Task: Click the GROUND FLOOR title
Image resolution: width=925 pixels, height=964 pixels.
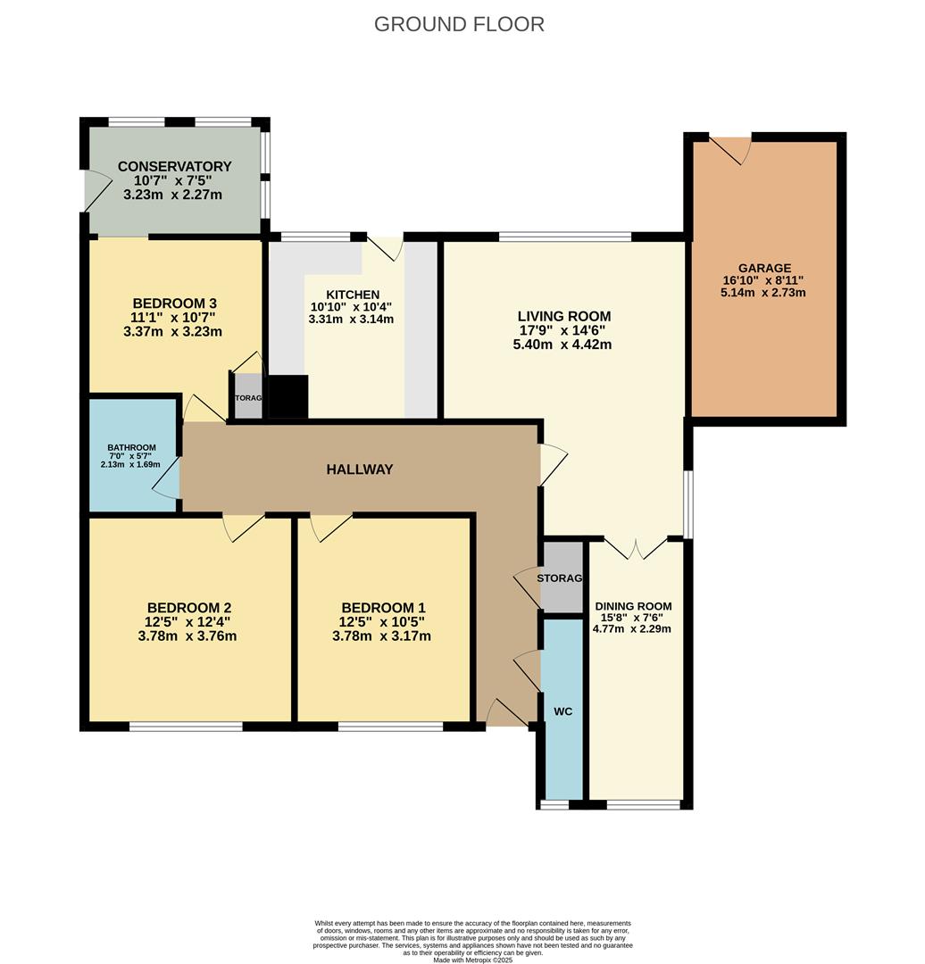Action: pyautogui.click(x=459, y=24)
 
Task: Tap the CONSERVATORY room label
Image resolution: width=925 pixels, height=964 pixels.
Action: pyautogui.click(x=174, y=167)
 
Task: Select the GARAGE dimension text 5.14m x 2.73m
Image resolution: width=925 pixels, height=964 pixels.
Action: pyautogui.click(x=764, y=292)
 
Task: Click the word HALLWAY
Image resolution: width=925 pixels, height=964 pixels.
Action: pyautogui.click(x=360, y=470)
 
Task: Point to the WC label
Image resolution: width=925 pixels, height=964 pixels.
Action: pyautogui.click(x=562, y=711)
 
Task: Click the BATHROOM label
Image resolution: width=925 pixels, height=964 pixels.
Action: pyautogui.click(x=131, y=448)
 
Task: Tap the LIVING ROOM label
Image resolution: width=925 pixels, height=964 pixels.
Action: pyautogui.click(x=564, y=316)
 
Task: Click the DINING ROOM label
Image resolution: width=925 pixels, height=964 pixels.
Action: pyautogui.click(x=632, y=606)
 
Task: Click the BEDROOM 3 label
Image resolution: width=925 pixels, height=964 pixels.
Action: pyautogui.click(x=174, y=303)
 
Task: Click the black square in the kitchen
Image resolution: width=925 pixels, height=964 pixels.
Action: pyautogui.click(x=287, y=396)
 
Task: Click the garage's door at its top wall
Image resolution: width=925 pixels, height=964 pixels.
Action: pyautogui.click(x=730, y=148)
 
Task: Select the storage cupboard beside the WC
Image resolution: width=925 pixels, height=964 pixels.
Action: pyautogui.click(x=562, y=578)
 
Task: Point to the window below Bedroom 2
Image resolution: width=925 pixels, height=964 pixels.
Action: pyautogui.click(x=186, y=727)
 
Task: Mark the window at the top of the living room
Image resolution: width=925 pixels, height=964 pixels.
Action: pyautogui.click(x=564, y=237)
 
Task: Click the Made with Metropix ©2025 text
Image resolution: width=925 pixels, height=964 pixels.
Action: pyautogui.click(x=472, y=960)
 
